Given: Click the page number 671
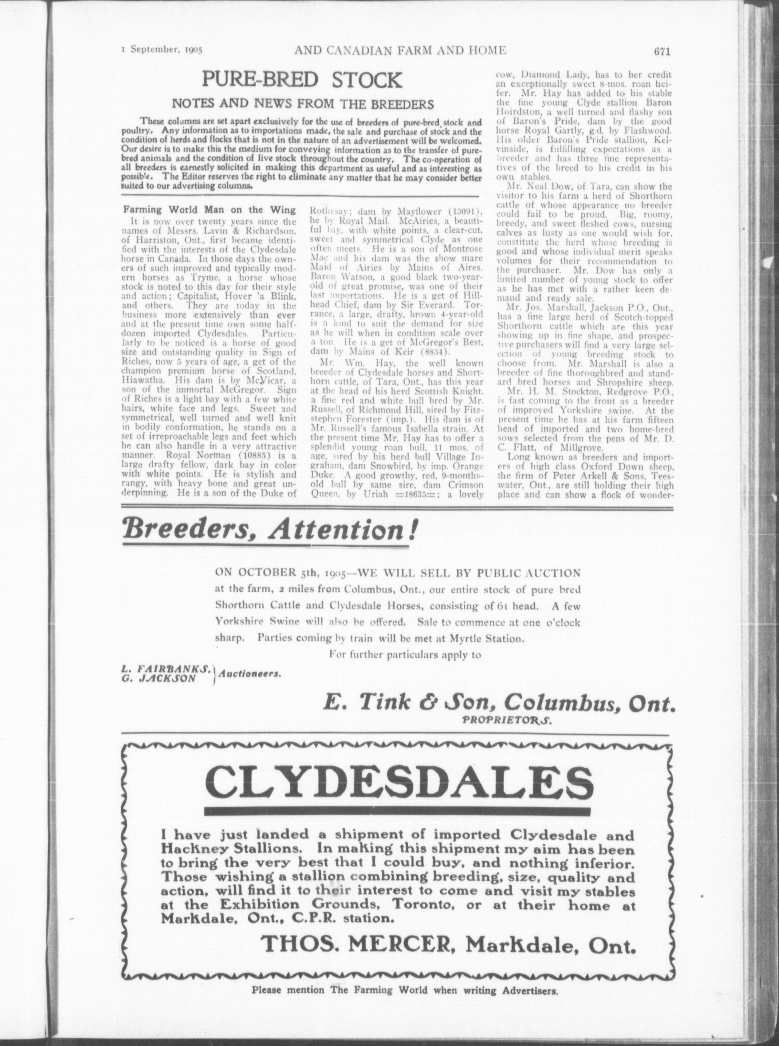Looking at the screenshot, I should (x=663, y=52).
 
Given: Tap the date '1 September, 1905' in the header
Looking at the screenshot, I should (x=162, y=52).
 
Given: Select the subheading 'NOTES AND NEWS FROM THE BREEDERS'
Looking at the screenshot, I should (x=303, y=104).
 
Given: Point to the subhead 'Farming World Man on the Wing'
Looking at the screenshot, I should (x=210, y=210).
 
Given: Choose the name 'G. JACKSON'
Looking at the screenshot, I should (x=159, y=679).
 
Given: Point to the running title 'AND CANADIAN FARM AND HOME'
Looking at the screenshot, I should (x=400, y=51).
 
